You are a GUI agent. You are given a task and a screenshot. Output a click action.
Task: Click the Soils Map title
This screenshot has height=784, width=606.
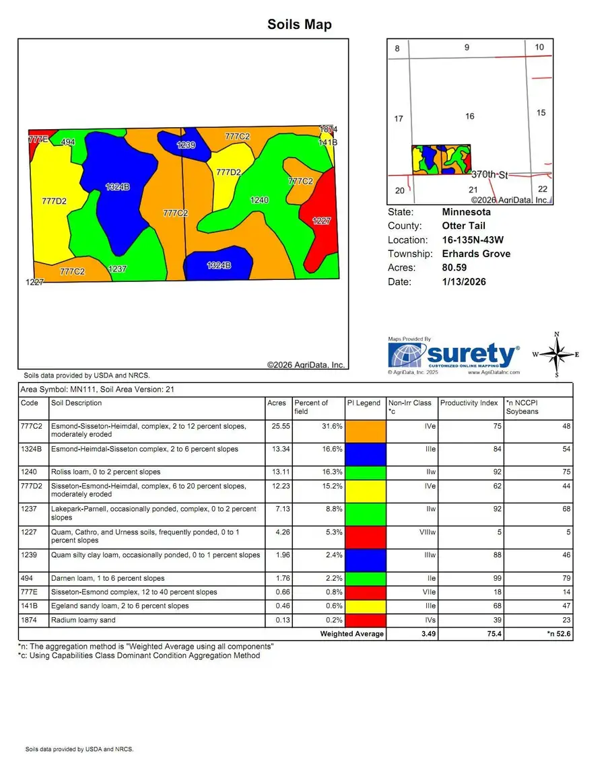click(300, 25)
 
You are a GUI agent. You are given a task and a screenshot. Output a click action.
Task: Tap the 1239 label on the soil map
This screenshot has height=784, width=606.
click(187, 145)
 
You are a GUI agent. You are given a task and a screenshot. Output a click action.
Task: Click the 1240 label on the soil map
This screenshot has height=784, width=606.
click(259, 201)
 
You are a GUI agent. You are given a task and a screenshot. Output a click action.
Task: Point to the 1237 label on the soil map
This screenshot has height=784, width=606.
click(118, 269)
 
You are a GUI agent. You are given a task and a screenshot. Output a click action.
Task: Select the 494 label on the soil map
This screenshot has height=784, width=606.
click(68, 142)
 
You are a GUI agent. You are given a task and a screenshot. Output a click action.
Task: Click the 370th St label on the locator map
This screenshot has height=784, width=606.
click(490, 174)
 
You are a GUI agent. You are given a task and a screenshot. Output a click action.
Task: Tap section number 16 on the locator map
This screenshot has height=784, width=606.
click(470, 116)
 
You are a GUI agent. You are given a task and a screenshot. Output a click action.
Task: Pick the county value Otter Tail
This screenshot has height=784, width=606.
click(463, 226)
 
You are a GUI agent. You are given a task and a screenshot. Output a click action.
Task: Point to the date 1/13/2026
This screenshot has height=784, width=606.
click(464, 282)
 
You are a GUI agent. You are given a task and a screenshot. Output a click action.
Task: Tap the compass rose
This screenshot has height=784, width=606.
click(556, 355)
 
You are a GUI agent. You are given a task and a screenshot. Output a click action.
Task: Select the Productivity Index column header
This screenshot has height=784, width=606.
click(469, 403)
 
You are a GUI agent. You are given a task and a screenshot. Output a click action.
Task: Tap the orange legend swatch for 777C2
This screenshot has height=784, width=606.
click(366, 431)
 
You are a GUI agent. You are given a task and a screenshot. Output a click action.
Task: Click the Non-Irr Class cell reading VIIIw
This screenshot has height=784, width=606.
click(419, 532)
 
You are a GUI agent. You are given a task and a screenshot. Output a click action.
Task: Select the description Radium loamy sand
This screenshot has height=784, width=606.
click(83, 620)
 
